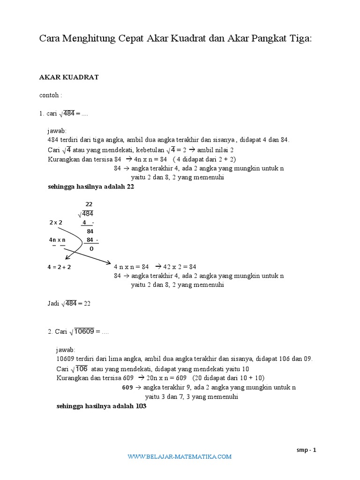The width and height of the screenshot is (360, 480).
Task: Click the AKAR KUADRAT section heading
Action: [x=68, y=77]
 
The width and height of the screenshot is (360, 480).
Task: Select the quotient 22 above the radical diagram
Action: [x=89, y=204]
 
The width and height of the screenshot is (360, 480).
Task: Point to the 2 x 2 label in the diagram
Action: [x=55, y=222]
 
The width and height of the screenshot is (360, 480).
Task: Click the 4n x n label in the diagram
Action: [x=57, y=240]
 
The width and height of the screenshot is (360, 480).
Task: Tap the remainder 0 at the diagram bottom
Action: [x=91, y=248]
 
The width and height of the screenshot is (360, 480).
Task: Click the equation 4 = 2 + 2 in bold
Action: [x=62, y=267]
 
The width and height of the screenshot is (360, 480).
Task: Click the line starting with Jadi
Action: [x=69, y=303]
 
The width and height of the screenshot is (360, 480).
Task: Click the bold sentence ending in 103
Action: [x=101, y=406]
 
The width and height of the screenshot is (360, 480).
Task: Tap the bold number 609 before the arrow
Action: [x=127, y=388]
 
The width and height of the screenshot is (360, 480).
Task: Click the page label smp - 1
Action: [x=307, y=450]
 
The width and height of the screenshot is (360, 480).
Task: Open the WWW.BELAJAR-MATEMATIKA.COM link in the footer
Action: [x=180, y=456]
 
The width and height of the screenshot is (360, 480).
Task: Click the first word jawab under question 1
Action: [x=57, y=130]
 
